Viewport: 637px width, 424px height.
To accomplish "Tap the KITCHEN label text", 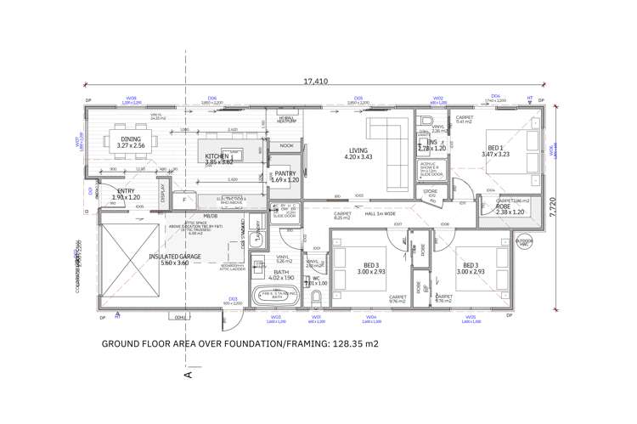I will [217, 158].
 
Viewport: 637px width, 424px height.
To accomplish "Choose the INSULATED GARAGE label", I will [174, 256].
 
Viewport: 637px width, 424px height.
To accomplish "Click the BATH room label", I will [281, 272].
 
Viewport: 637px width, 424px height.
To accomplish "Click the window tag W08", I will [131, 99].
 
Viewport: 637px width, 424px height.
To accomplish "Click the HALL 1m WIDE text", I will [381, 213].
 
